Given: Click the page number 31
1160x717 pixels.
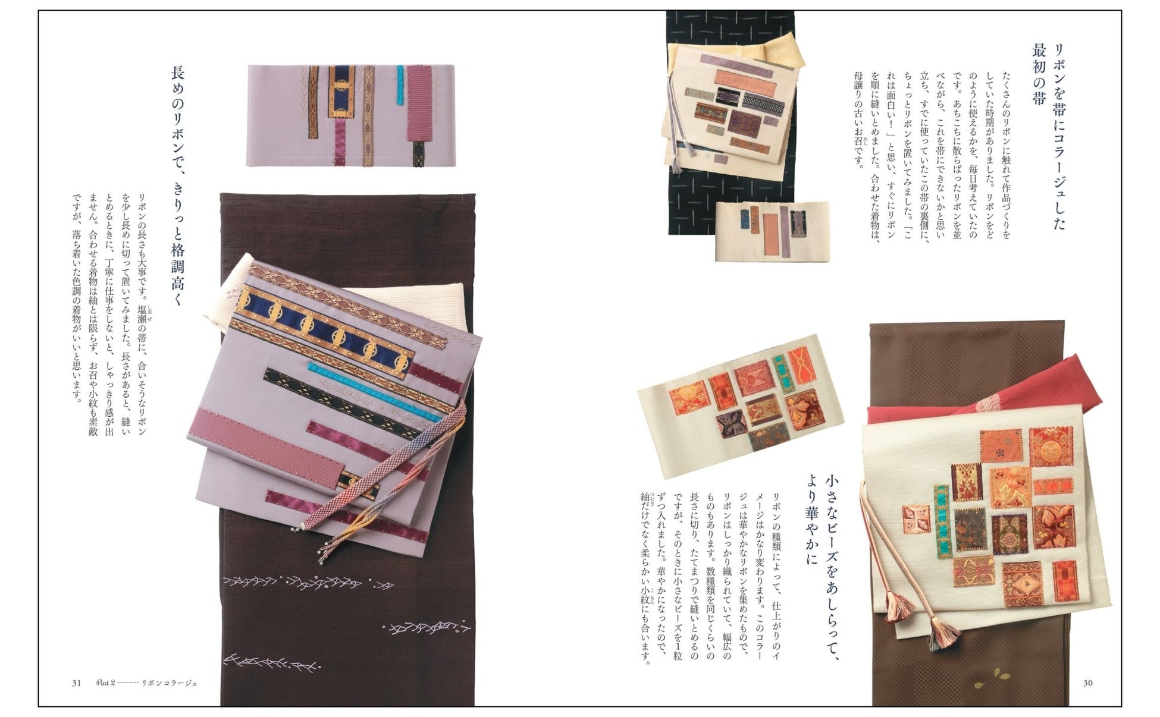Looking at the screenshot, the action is [76, 683].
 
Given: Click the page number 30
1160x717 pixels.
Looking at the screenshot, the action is [1087, 683].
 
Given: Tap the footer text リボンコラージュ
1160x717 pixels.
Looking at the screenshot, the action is [169, 683].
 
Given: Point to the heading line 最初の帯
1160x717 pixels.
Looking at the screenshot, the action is [1038, 74].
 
